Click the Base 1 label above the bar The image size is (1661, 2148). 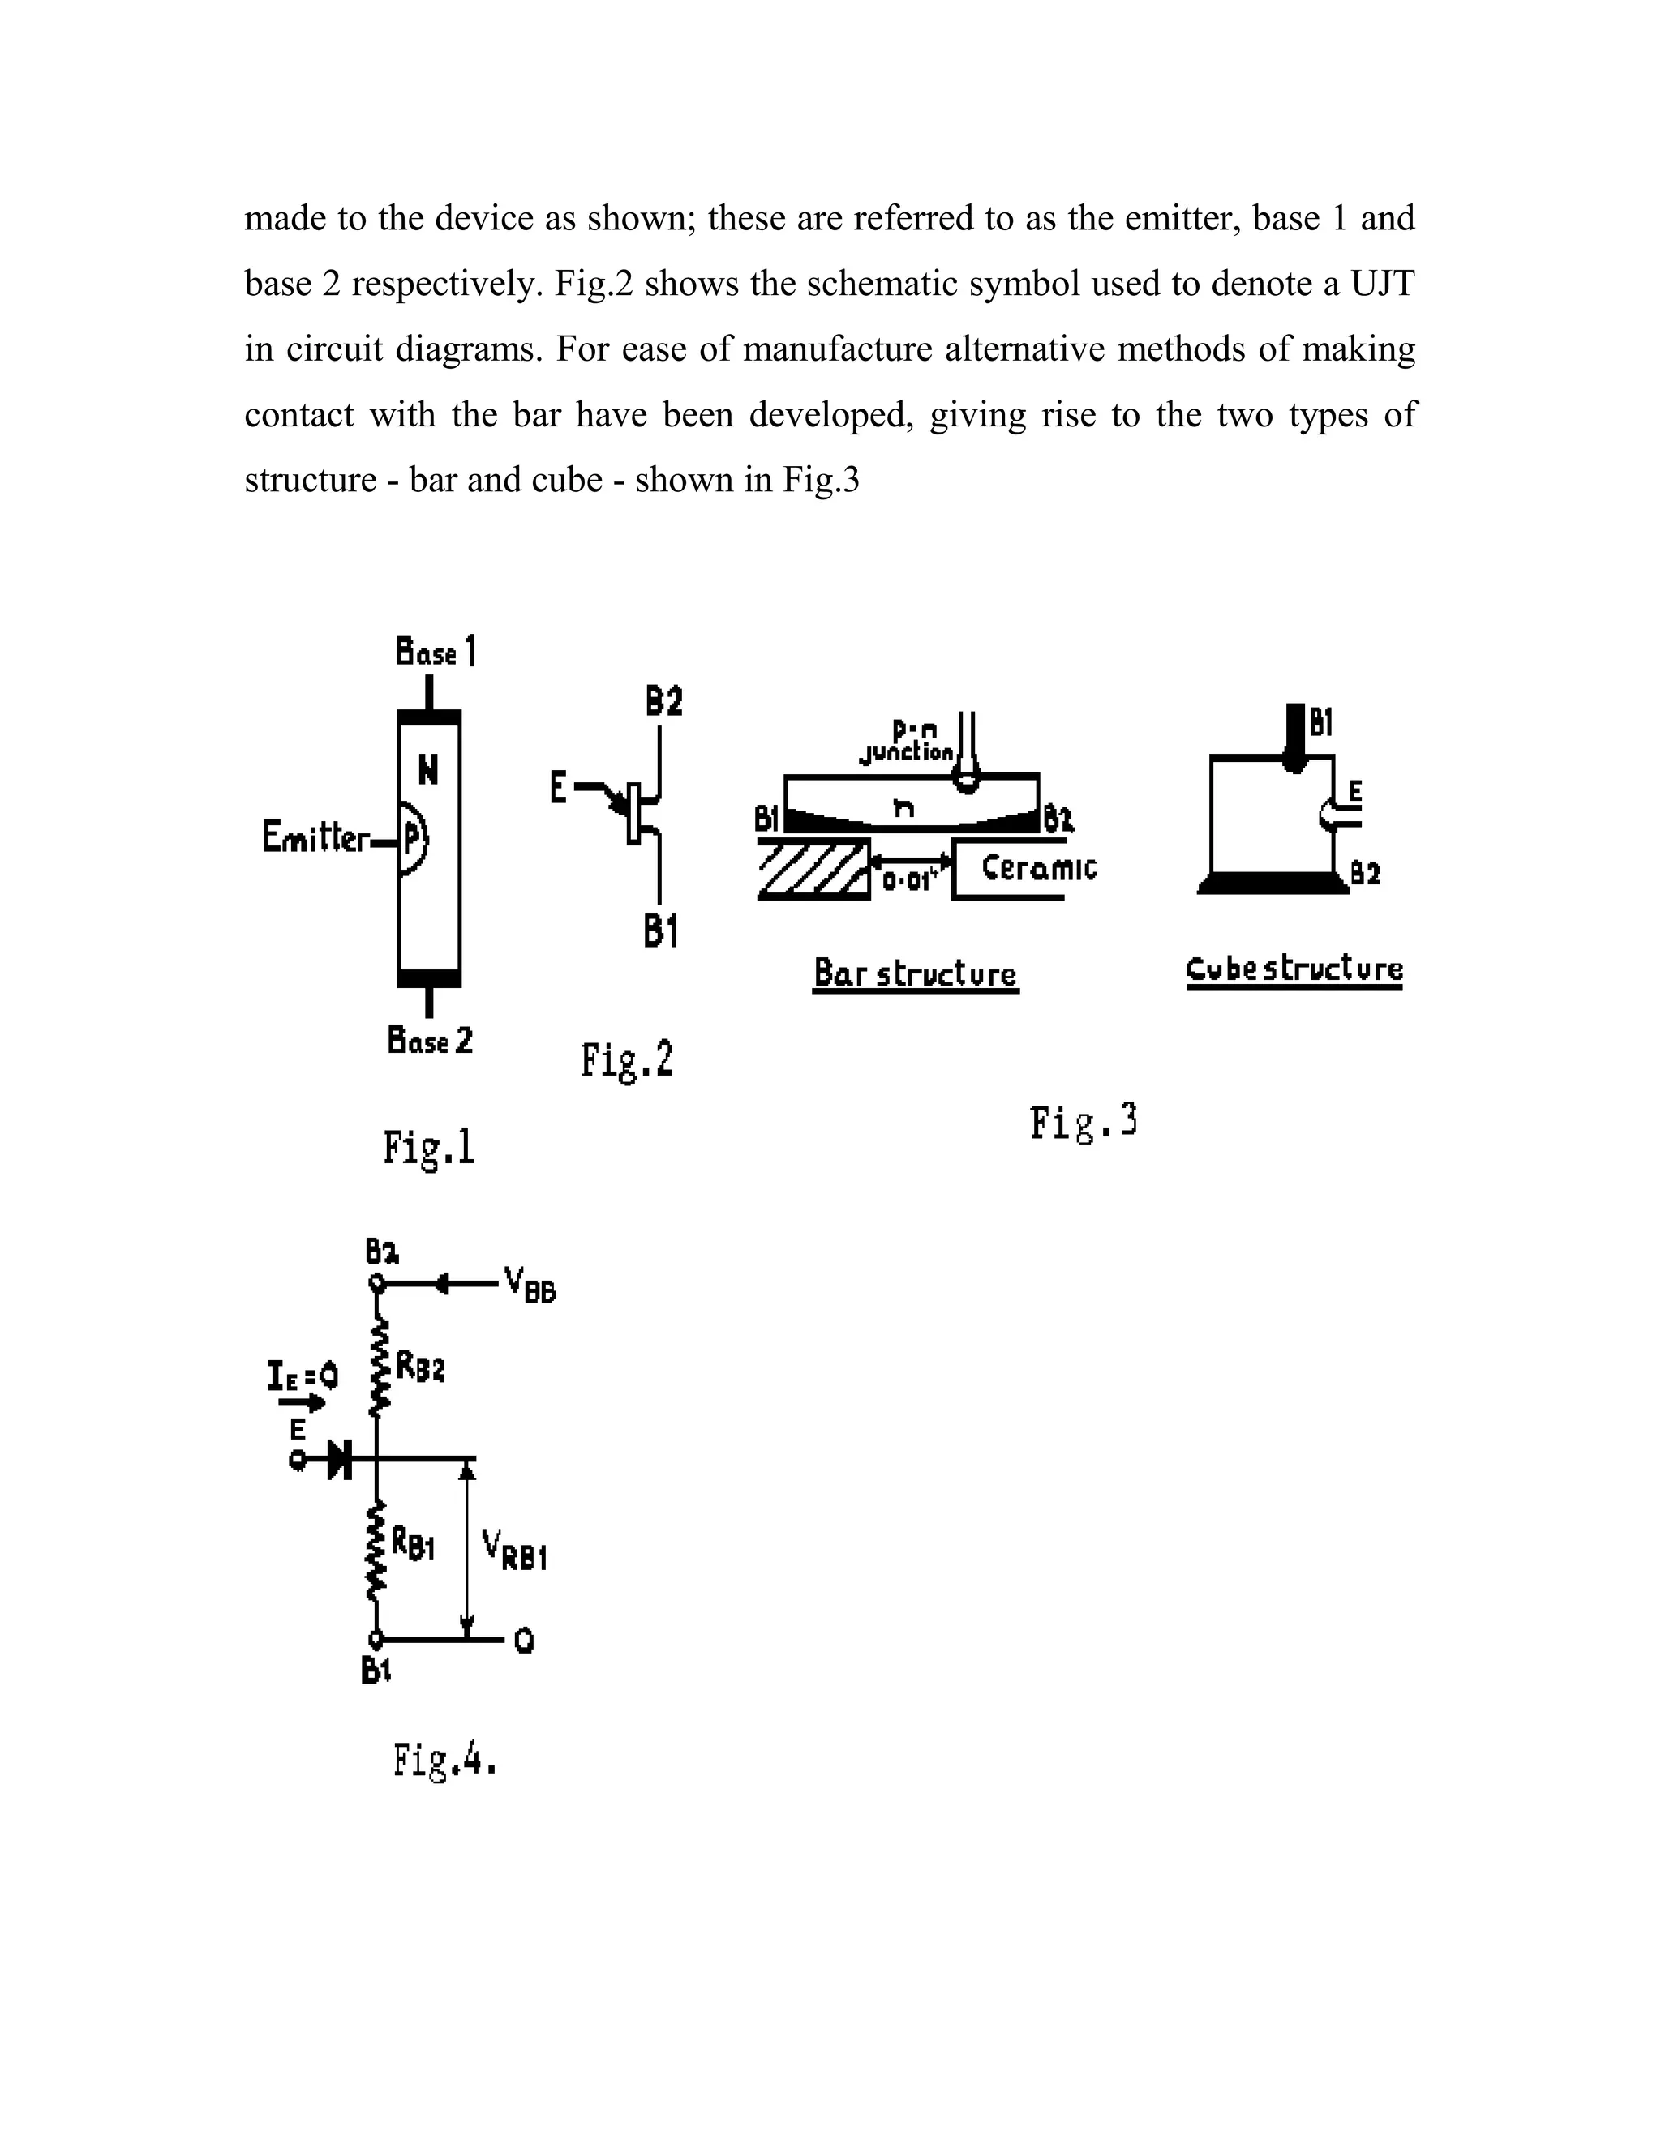(436, 651)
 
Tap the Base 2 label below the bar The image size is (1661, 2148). (430, 1040)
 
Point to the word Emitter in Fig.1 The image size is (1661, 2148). (315, 838)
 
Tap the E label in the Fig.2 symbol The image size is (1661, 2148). (558, 788)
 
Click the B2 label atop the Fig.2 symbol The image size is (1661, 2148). (663, 702)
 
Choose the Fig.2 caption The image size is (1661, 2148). (627, 1061)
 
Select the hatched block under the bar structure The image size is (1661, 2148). (813, 868)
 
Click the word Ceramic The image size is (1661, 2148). (1038, 868)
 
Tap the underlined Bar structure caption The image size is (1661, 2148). (915, 973)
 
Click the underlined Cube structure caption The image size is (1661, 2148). (1294, 969)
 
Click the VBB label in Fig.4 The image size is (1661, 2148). (530, 1285)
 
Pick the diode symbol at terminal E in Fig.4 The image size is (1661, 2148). (341, 1460)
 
